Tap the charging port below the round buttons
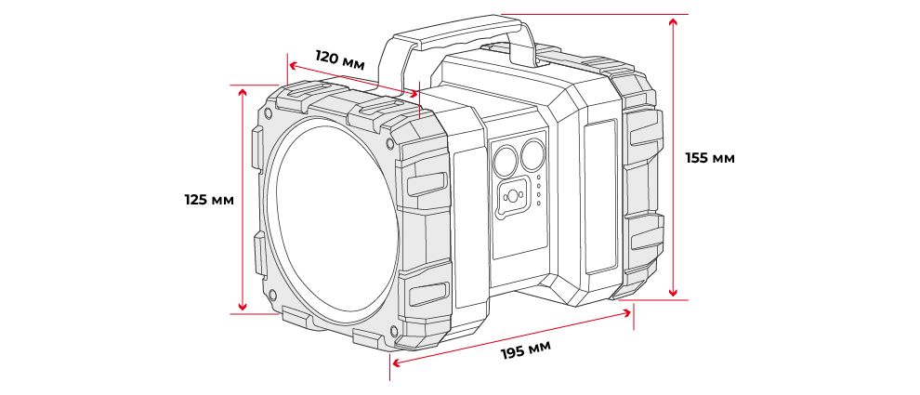(x=512, y=197)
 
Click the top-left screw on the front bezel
(x=269, y=114)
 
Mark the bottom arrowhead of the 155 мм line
(x=672, y=293)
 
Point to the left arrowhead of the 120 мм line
(x=291, y=66)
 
